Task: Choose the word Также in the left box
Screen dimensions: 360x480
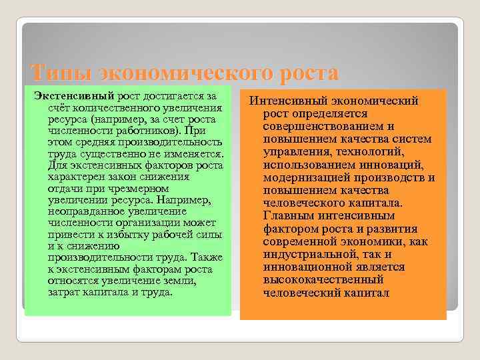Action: coord(207,258)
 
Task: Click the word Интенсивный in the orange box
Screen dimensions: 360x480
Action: coord(287,101)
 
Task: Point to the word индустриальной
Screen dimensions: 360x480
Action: coord(307,254)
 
